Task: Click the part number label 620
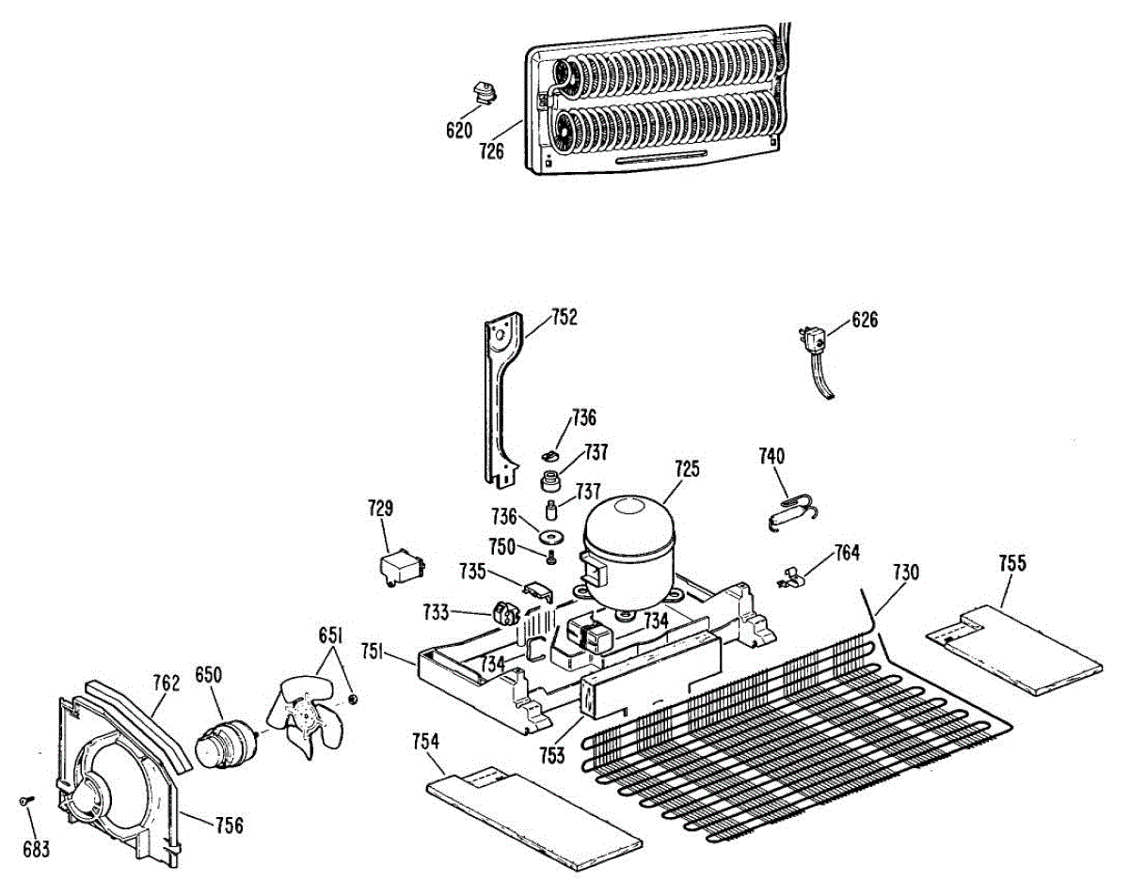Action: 458,131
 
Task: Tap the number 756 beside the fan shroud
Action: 229,826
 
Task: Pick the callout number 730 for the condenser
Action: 905,572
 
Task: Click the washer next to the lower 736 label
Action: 550,536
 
